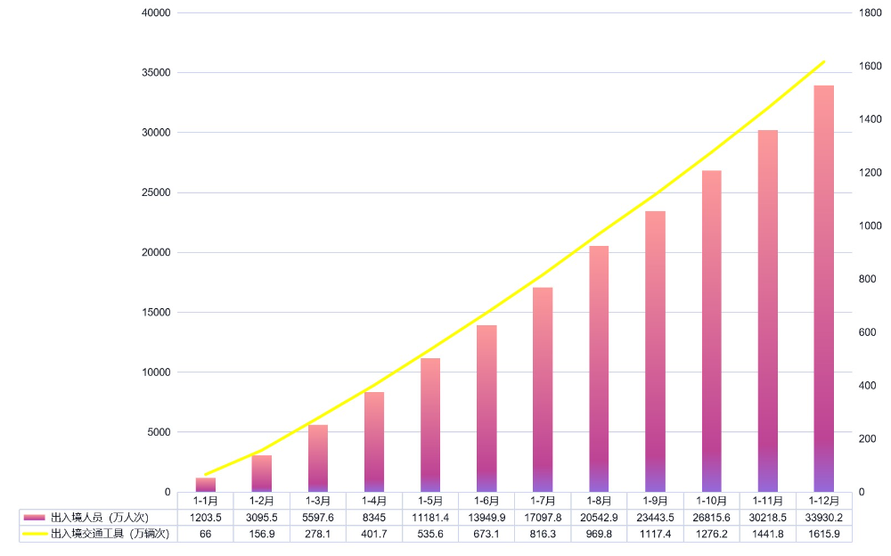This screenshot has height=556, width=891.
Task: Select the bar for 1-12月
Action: coord(823,289)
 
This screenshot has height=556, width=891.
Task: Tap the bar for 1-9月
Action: coord(655,351)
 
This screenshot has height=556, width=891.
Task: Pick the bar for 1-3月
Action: coord(318,458)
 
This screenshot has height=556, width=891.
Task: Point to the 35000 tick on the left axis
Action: coord(156,73)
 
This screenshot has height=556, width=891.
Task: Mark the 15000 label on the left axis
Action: coord(156,313)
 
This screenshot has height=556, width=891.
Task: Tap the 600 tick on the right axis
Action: coord(868,332)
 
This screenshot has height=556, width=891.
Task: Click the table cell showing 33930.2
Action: coord(823,517)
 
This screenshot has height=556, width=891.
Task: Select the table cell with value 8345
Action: coord(374,517)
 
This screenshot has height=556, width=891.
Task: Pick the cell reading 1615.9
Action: coord(823,533)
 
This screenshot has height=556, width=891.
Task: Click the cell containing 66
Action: coord(206,533)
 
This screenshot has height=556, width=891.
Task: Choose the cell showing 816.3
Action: coord(543,533)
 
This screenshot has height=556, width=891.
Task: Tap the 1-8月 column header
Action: coord(599,501)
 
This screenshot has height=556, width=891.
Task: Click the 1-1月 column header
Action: coord(206,501)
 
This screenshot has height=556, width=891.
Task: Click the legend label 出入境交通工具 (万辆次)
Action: coord(110,533)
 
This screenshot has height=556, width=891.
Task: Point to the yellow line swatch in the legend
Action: coord(35,533)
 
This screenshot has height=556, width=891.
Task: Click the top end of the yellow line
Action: coord(824,62)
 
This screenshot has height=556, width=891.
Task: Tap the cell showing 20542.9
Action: coord(599,517)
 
